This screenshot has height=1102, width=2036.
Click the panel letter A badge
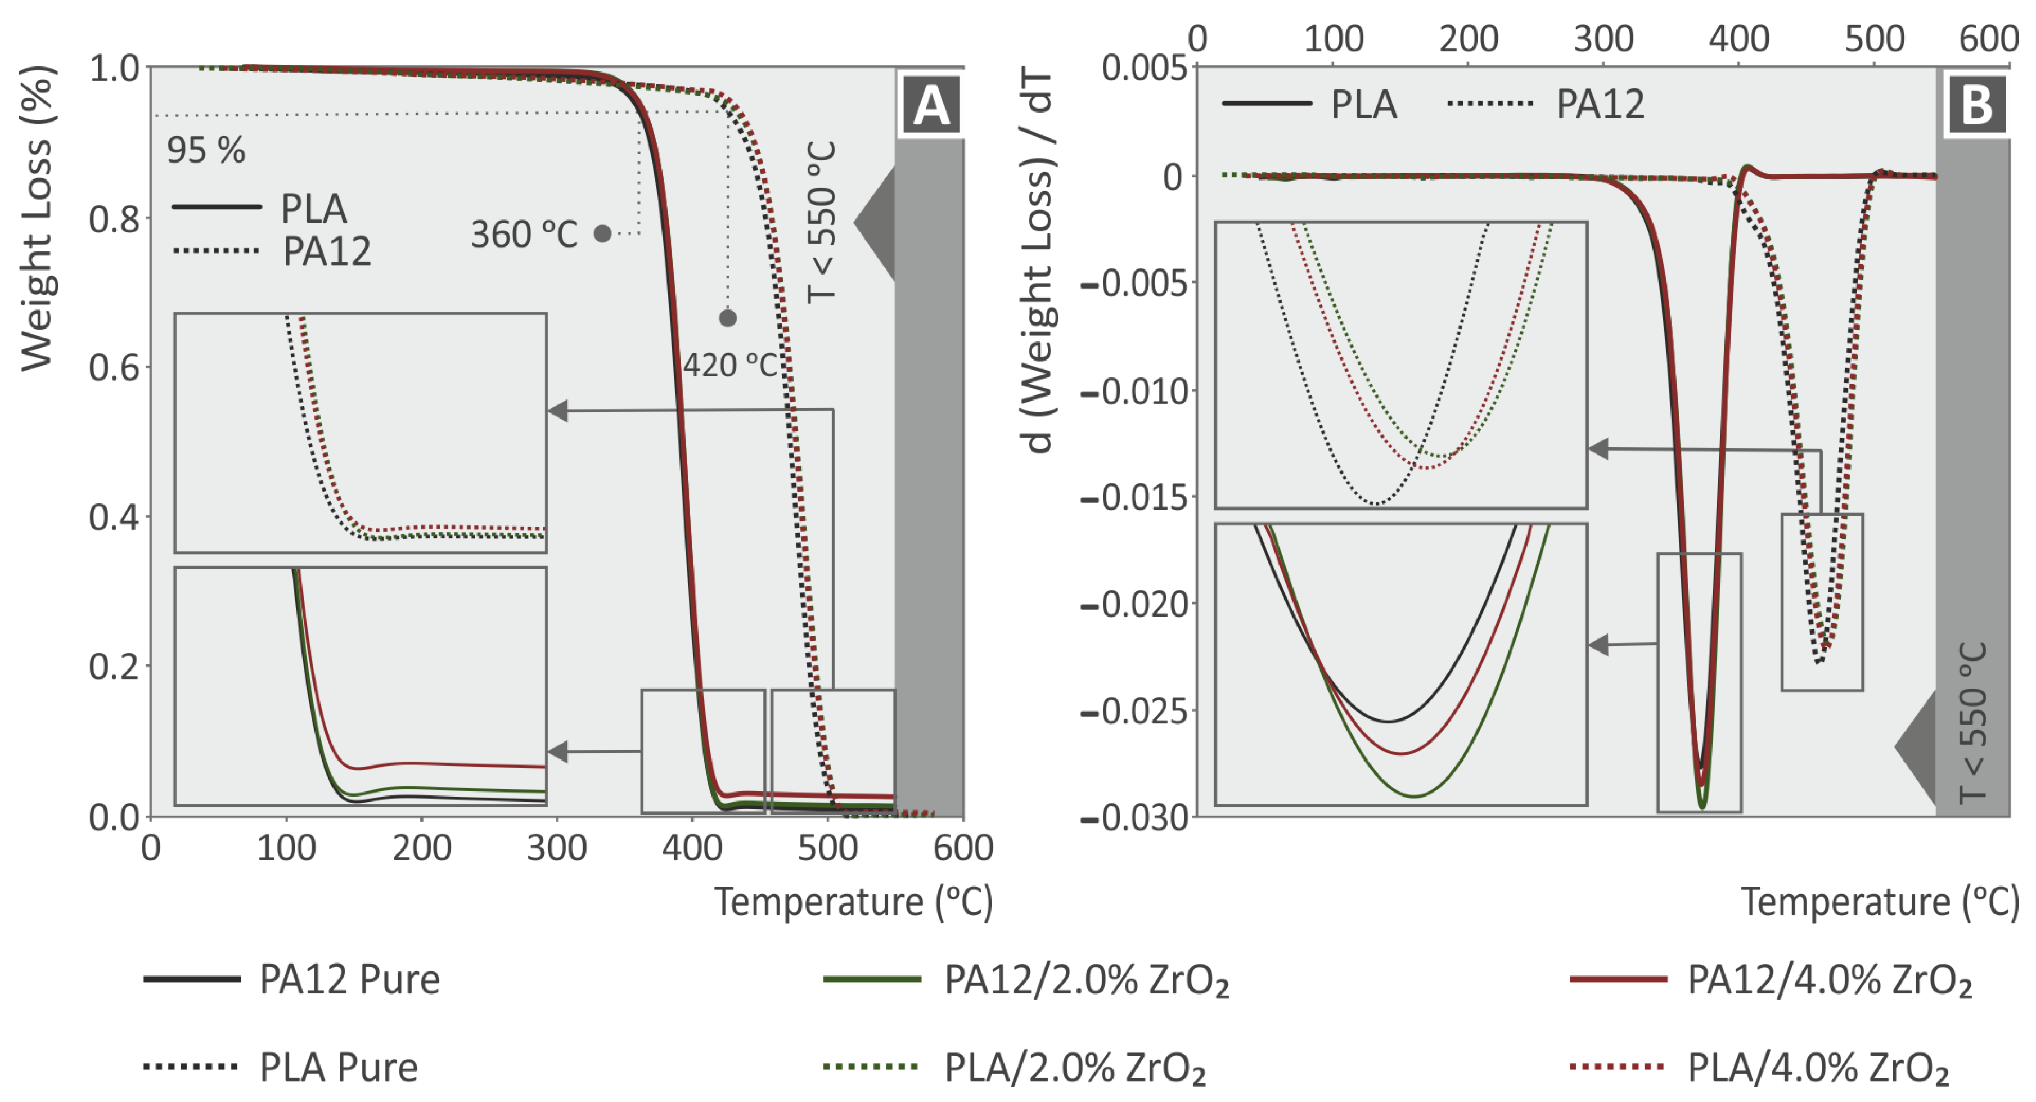tap(930, 105)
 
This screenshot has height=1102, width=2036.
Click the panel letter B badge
tap(1976, 105)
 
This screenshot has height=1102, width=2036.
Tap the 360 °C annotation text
tap(524, 234)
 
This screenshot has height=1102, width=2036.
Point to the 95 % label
tap(205, 150)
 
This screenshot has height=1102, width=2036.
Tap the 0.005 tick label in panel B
tap(1143, 69)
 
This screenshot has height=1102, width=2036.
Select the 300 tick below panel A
tap(556, 848)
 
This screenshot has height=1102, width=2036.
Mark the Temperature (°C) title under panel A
tap(854, 902)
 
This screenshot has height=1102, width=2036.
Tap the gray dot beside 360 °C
tap(602, 233)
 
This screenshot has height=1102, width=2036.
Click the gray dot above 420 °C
tap(728, 318)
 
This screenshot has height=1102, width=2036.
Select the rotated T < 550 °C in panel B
tap(1973, 721)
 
